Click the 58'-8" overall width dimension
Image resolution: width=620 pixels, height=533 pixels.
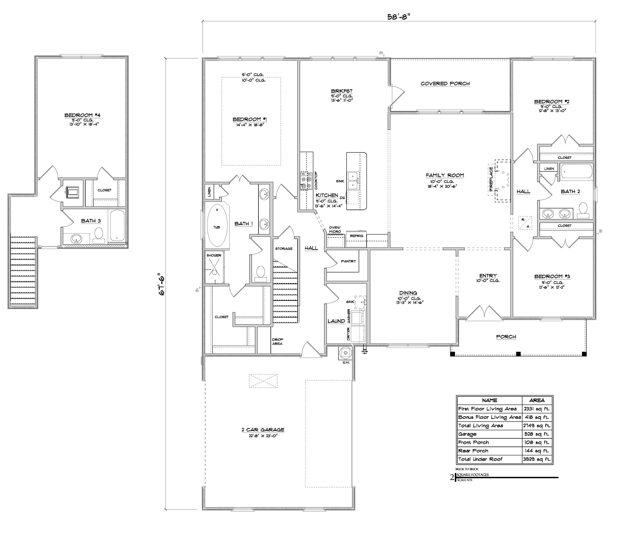pyautogui.click(x=398, y=17)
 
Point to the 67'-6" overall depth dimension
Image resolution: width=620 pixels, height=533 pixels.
pyautogui.click(x=162, y=284)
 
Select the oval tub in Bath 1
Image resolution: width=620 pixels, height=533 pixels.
pyautogui.click(x=217, y=227)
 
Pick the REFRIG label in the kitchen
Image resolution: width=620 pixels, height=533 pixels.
pyautogui.click(x=356, y=236)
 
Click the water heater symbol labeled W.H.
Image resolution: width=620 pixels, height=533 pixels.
pyautogui.click(x=346, y=353)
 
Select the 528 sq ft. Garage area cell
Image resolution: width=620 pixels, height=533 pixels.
pyautogui.click(x=537, y=434)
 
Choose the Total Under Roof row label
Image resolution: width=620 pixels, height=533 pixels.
pyautogui.click(x=480, y=459)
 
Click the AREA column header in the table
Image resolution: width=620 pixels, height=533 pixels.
pyautogui.click(x=537, y=400)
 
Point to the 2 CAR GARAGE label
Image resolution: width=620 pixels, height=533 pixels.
pyautogui.click(x=263, y=430)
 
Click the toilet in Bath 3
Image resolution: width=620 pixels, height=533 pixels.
pyautogui.click(x=99, y=235)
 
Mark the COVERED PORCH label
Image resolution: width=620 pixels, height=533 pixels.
pyautogui.click(x=445, y=84)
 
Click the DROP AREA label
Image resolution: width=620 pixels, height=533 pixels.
pyautogui.click(x=277, y=342)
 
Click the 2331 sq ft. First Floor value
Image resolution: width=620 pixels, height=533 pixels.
pyautogui.click(x=537, y=409)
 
